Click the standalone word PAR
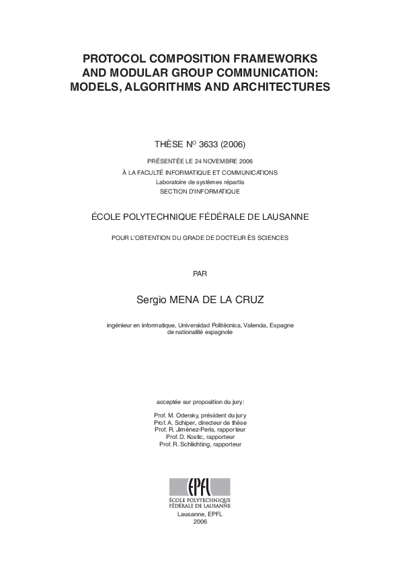pyautogui.click(x=200, y=274)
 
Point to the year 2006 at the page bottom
pyautogui.click(x=200, y=522)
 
